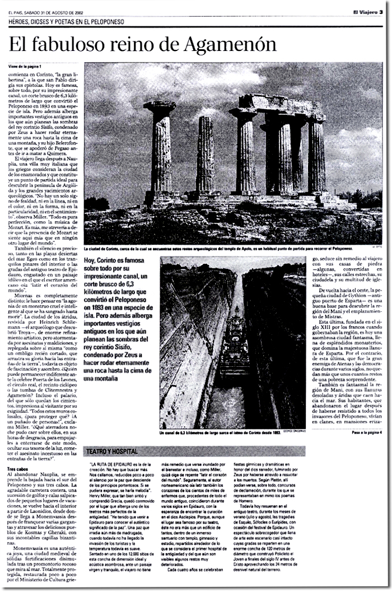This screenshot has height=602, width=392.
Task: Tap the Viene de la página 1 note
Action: click(x=25, y=66)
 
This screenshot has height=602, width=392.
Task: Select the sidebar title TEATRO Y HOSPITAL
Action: click(x=111, y=451)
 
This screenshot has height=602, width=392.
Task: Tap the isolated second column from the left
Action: click(x=205, y=157)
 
